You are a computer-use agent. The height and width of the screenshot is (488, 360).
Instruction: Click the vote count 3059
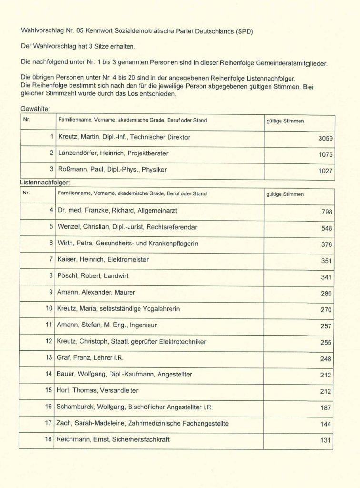tap(325, 139)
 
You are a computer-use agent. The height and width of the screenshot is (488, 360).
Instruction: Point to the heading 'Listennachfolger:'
tap(45, 182)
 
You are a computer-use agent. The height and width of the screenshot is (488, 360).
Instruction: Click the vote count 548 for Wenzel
tap(326, 228)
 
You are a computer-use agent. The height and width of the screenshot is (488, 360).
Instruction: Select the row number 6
tap(50, 243)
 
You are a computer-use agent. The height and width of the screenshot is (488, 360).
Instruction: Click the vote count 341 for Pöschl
tap(326, 277)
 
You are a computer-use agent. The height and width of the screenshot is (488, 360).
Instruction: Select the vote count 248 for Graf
tap(326, 359)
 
